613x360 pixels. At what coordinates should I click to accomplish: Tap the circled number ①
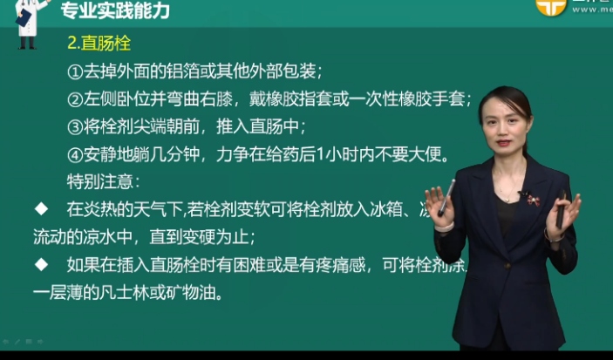(74, 70)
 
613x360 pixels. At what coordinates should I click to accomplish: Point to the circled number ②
(74, 98)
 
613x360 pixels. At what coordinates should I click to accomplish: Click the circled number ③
(74, 126)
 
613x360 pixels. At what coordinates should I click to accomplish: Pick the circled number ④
(74, 154)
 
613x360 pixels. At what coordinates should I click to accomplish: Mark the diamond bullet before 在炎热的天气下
(40, 209)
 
